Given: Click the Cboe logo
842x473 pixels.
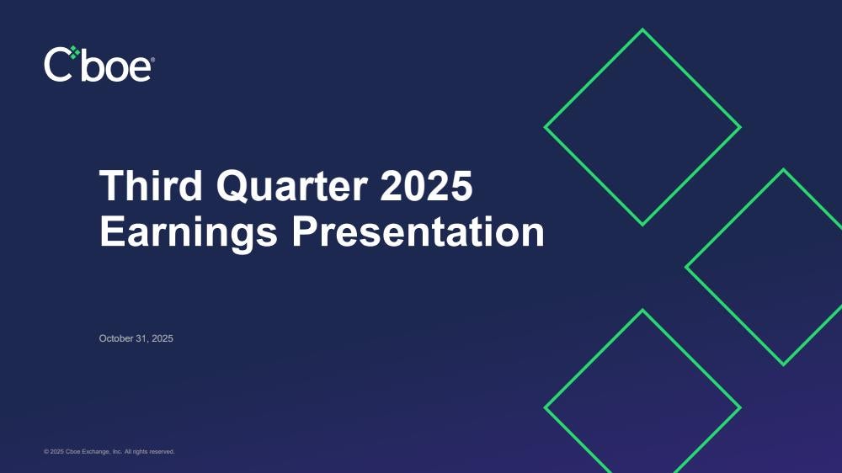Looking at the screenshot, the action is [99, 64].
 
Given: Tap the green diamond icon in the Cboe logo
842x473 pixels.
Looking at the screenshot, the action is [75, 52].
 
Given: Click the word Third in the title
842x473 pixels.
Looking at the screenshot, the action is [151, 186].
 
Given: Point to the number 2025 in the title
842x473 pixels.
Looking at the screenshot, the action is [426, 186].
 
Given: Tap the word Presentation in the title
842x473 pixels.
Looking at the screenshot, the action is [418, 232].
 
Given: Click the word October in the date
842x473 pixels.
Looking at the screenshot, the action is [116, 338].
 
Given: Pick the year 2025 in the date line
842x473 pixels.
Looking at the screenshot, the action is [163, 338].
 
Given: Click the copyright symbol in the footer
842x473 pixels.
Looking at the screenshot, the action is [46, 452].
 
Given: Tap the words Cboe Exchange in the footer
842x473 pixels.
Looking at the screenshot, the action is [88, 452].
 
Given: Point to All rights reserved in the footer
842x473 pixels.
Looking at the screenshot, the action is [149, 452].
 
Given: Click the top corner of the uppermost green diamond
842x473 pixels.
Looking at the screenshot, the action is [642, 30].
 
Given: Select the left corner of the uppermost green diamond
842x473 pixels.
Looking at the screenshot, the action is [546, 127].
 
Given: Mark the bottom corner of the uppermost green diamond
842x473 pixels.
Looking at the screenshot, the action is [642, 225].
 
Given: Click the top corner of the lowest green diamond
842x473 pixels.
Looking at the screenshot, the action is [642, 311].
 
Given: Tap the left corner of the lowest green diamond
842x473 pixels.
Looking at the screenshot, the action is [546, 407].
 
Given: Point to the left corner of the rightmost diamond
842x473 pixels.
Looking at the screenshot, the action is [686, 267].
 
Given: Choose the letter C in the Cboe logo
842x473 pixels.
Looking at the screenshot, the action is [57, 65].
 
